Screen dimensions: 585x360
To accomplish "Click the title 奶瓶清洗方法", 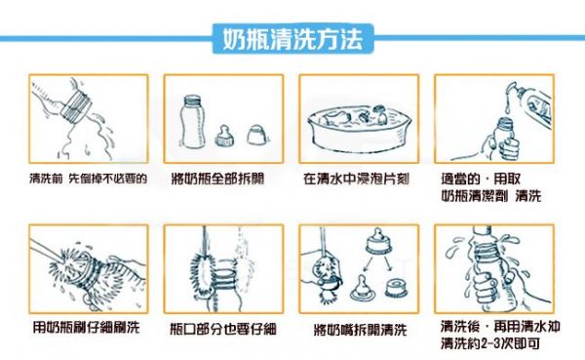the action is [x=292, y=39].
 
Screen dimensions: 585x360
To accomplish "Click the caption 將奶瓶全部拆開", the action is [x=217, y=179].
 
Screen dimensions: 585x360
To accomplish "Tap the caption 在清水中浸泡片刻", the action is [x=356, y=179].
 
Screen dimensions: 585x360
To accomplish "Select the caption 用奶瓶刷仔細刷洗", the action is [x=86, y=327].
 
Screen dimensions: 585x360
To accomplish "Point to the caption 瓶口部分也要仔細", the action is [x=223, y=328].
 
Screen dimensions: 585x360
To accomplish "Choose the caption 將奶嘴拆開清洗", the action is [x=360, y=330].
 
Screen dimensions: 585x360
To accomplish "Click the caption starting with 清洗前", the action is [x=88, y=179].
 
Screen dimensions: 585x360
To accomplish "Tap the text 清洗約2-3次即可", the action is [x=490, y=343].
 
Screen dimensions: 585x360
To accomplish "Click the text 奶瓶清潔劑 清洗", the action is [x=491, y=196].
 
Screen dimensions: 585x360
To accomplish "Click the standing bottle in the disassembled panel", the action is [x=192, y=121].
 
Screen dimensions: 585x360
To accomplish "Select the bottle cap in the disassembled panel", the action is [x=255, y=135].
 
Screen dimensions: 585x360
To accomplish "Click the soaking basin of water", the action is [x=359, y=128].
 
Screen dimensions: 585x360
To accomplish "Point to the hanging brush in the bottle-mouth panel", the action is [x=204, y=270].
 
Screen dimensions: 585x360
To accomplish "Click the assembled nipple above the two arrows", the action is [x=378, y=241].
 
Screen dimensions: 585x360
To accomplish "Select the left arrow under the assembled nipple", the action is [x=368, y=263].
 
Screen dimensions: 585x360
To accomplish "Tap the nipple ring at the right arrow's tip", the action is [x=397, y=289].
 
